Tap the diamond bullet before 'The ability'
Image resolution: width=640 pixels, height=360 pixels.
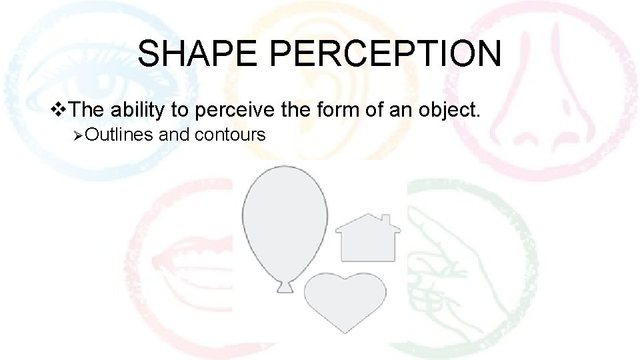[x=60, y=109]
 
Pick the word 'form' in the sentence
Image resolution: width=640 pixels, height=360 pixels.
[x=343, y=109]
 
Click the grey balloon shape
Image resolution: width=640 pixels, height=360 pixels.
[x=285, y=220]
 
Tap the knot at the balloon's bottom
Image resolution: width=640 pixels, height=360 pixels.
[x=285, y=287]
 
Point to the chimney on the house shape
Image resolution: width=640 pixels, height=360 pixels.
[x=387, y=220]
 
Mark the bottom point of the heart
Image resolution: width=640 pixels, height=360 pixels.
[x=344, y=331]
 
